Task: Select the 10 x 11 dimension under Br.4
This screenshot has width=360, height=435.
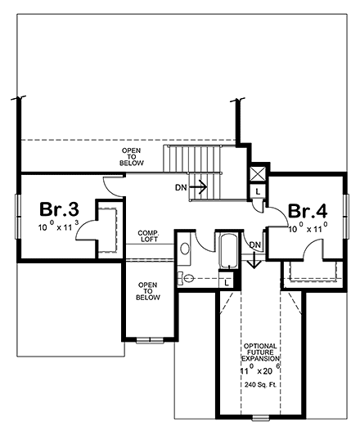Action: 308,229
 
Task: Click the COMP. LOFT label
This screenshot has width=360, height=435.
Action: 148,236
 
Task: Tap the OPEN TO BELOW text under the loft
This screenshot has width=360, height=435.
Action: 147,291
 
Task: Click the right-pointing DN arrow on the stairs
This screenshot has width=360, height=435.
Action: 198,186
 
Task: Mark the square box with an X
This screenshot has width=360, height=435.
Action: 258,173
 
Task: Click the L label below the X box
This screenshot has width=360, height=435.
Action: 258,191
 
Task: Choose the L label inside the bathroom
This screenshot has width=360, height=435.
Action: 226,281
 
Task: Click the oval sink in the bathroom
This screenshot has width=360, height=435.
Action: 185,247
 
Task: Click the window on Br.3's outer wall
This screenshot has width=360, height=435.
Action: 16,217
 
